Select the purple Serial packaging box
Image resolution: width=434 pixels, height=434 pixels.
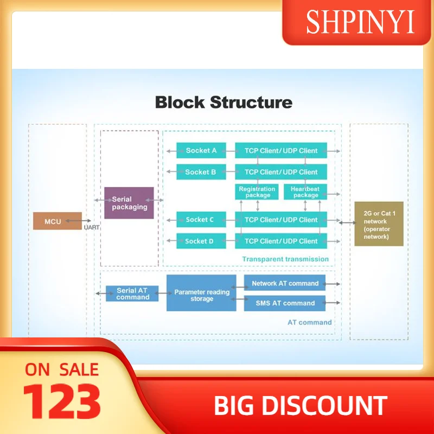pyautogui.click(x=129, y=203)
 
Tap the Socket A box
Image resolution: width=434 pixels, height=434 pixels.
pyautogui.click(x=201, y=151)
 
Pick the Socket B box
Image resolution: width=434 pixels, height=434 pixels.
pyautogui.click(x=201, y=172)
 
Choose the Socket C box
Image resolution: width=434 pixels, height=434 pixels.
pyautogui.click(x=201, y=220)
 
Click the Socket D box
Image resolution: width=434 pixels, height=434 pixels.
pyautogui.click(x=201, y=241)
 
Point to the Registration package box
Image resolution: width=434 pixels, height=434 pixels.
pyautogui.click(x=258, y=192)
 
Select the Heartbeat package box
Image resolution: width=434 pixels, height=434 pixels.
pyautogui.click(x=305, y=192)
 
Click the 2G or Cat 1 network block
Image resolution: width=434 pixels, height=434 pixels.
pyautogui.click(x=379, y=224)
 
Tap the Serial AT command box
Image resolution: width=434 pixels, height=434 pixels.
pyautogui.click(x=132, y=293)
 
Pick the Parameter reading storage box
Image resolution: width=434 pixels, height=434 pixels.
pyautogui.click(x=201, y=293)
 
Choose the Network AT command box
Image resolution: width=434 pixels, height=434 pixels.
pyautogui.click(x=285, y=283)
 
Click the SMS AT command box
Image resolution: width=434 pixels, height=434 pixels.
pyautogui.click(x=285, y=303)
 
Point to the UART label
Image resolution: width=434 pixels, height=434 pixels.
pyautogui.click(x=92, y=227)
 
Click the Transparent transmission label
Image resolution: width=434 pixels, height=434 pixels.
pyautogui.click(x=285, y=259)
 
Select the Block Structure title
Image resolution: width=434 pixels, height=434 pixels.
pyautogui.click(x=224, y=102)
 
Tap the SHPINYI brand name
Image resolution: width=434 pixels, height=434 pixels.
pyautogui.click(x=360, y=23)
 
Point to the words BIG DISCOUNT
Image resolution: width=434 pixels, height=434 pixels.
pyautogui.click(x=301, y=406)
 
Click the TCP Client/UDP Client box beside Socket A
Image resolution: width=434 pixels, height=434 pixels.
pyautogui.click(x=281, y=151)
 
